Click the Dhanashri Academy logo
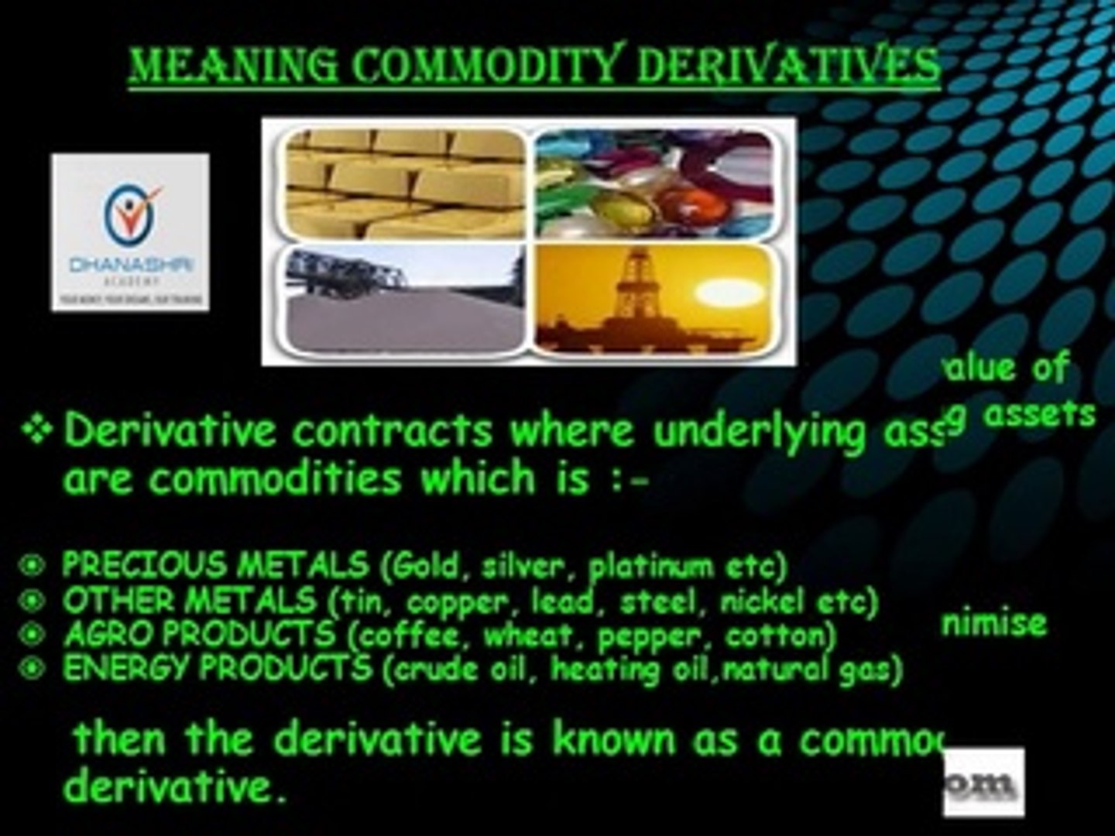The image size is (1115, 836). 130,232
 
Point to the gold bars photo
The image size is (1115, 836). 403,183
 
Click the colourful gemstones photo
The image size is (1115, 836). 654,183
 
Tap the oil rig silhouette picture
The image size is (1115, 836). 654,300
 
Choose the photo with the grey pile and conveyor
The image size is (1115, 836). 403,300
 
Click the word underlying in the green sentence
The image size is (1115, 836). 759,432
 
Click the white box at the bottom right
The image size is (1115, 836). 983,782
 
